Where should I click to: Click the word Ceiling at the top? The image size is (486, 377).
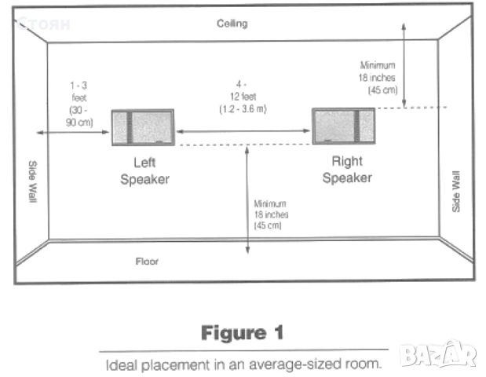[232, 24]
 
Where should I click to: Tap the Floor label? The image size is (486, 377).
[146, 260]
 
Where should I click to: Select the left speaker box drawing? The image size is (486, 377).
[142, 127]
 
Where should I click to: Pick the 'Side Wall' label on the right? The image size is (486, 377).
[456, 189]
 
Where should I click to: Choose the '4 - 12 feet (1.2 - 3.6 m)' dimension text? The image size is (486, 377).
[243, 97]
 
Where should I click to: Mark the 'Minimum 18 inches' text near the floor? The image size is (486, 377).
[271, 214]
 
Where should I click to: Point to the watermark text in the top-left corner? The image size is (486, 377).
[44, 24]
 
